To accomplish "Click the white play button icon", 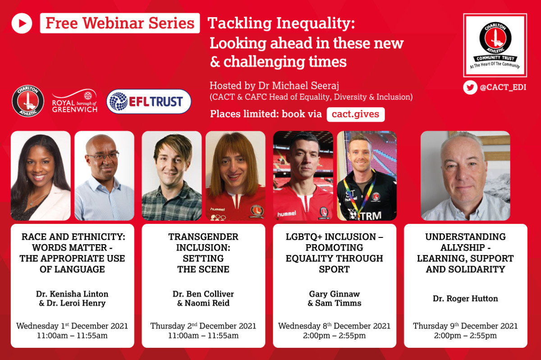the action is tap(22, 23).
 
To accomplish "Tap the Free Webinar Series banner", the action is tap(120, 23).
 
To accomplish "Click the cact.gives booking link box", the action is tap(356, 114).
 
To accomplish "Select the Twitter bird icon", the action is tap(470, 87).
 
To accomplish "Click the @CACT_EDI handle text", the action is tap(503, 87).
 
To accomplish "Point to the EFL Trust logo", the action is tap(149, 101).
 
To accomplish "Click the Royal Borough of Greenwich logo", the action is tap(75, 101).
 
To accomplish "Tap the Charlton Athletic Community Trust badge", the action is tap(495, 46).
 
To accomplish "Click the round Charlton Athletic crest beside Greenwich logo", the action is tap(28, 101).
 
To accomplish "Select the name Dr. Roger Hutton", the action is tap(465, 299).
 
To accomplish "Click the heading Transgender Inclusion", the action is tap(203, 242).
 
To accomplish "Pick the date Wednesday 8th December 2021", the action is tap(334, 326).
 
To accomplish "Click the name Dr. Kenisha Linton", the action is tap(72, 294).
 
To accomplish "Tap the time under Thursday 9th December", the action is tap(465, 336).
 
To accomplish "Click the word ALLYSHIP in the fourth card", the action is tap(463, 247).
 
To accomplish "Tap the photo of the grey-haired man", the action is tap(465, 176).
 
